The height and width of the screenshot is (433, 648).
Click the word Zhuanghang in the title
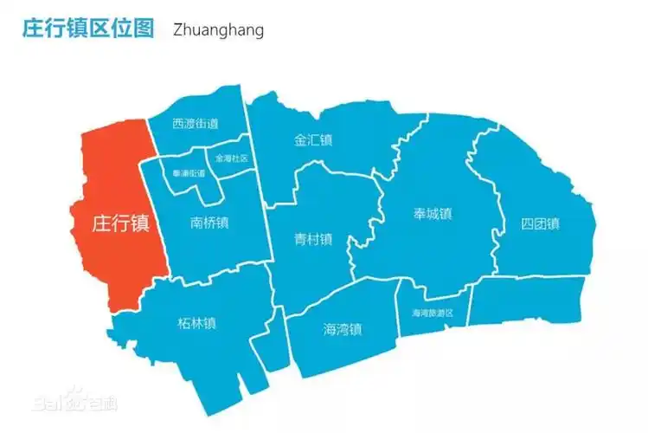(218, 29)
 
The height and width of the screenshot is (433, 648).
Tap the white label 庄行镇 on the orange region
(120, 224)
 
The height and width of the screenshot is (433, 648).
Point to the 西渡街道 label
(195, 124)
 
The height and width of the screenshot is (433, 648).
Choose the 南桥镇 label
(209, 223)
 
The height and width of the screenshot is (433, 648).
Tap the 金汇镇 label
(313, 140)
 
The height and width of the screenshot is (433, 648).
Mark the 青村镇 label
(313, 240)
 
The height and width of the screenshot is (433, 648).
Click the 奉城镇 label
(433, 214)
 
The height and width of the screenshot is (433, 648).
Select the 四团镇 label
(540, 224)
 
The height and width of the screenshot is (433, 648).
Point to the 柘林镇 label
(196, 324)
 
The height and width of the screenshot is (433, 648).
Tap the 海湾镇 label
(343, 329)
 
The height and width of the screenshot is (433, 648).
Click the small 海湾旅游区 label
(433, 313)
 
